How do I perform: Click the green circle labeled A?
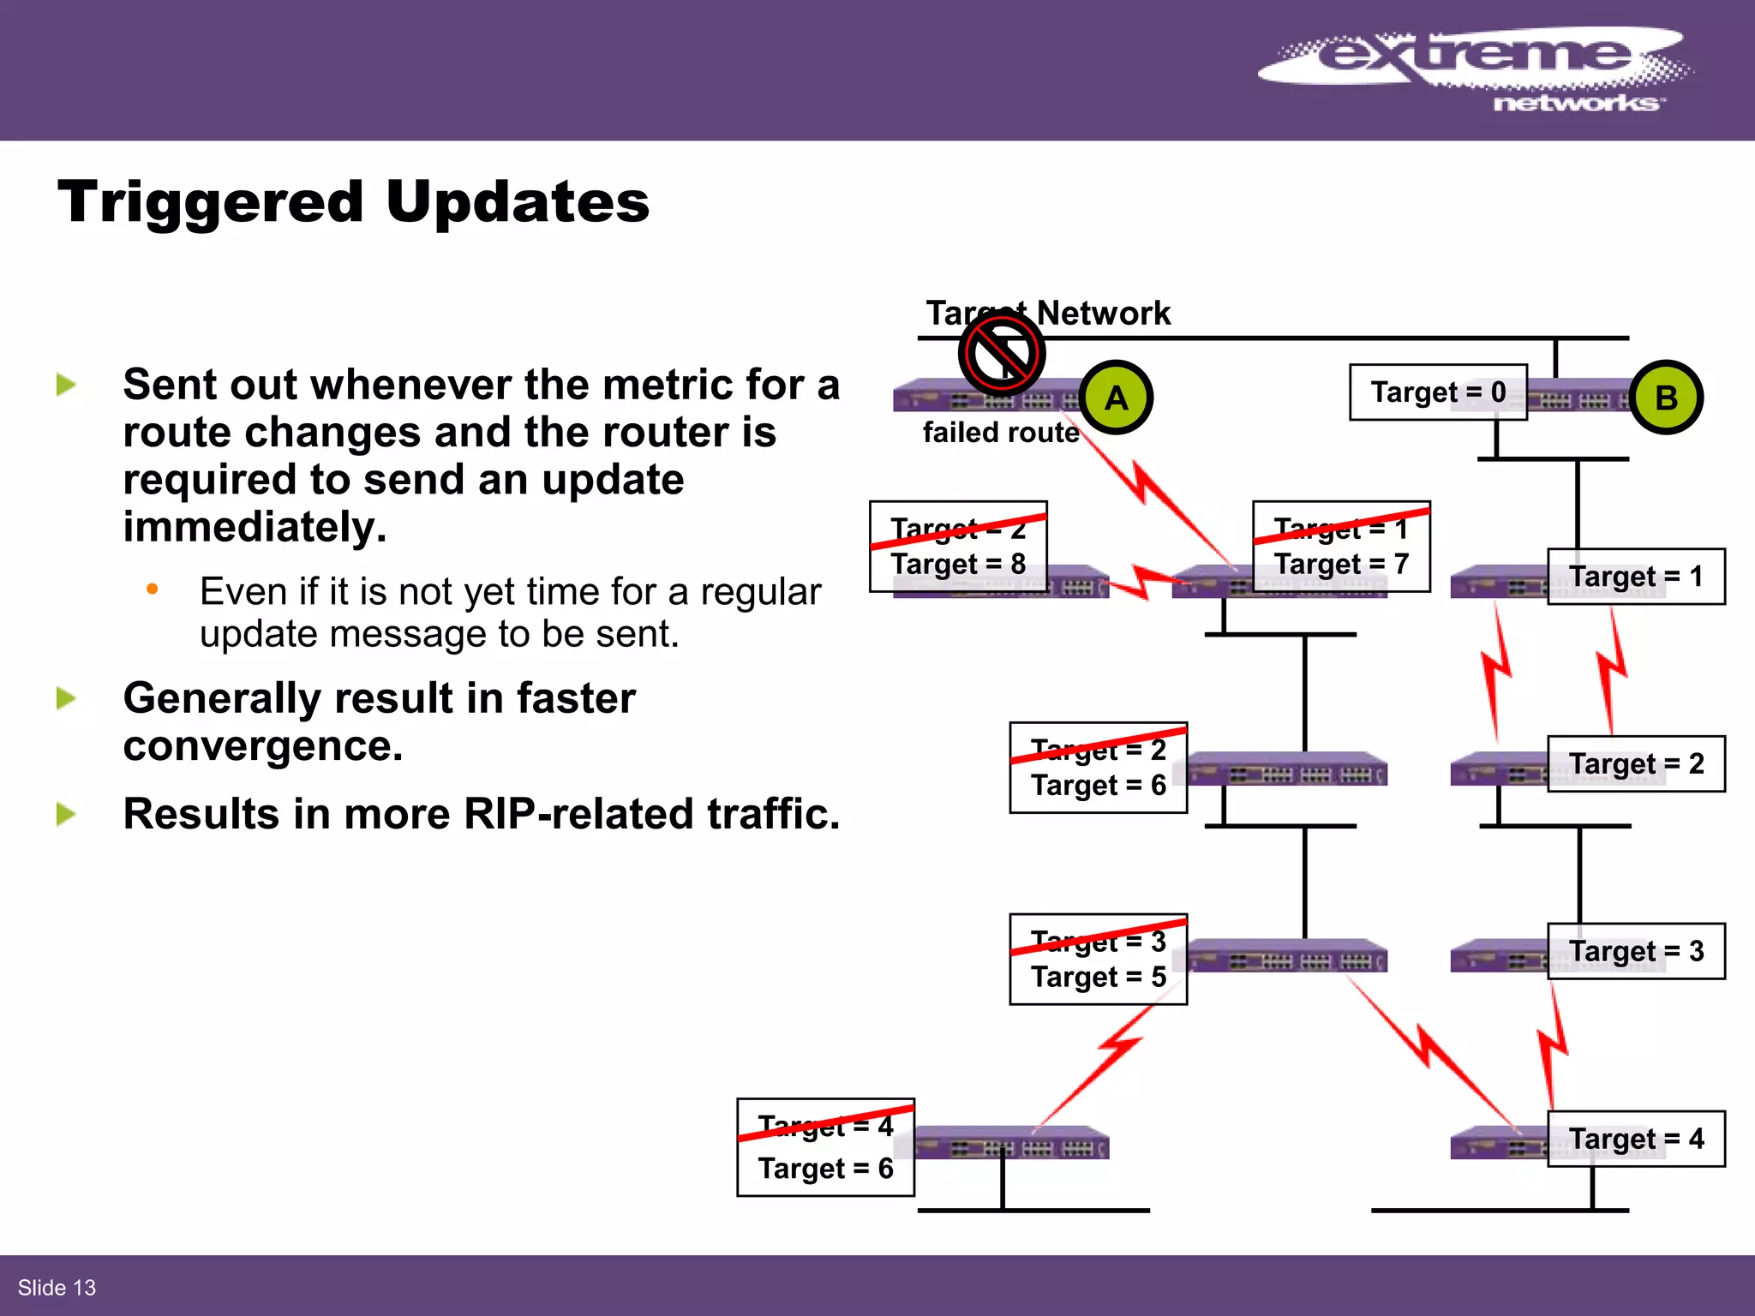point(1116,398)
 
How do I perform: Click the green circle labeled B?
point(1666,398)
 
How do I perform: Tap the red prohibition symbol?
point(1001,353)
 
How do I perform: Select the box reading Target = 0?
point(1438,392)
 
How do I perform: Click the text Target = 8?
point(957,565)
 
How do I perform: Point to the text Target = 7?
point(1340,565)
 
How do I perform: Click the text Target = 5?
point(1098,977)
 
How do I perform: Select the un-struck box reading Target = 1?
point(1635,577)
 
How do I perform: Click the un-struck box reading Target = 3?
point(1635,951)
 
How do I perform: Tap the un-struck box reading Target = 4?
point(1635,1139)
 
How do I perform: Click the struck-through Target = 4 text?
point(825,1126)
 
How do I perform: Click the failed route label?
point(1000,433)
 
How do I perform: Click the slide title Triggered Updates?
point(353,202)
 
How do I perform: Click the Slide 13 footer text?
point(57,1288)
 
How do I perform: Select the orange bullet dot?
point(153,589)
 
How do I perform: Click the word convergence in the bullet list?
point(262,746)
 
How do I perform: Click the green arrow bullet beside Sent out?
point(66,385)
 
